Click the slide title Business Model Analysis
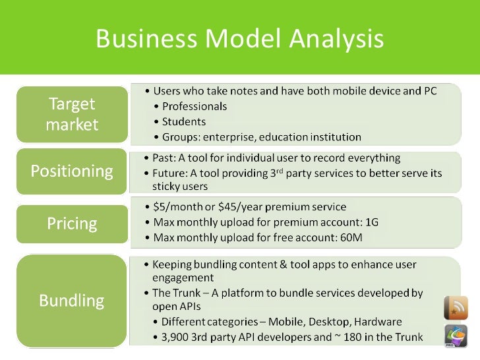(x=239, y=39)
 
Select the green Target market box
(x=71, y=114)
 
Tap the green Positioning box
(x=72, y=171)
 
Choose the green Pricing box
(x=72, y=224)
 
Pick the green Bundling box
(x=72, y=301)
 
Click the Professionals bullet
(x=194, y=106)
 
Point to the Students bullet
(x=183, y=122)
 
